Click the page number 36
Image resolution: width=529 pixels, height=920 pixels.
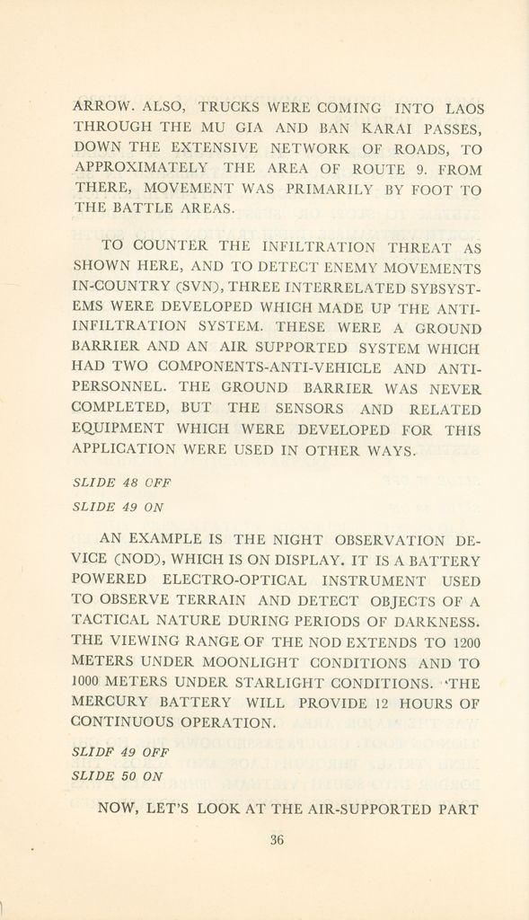point(277,841)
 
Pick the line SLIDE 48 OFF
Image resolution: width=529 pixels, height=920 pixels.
point(121,482)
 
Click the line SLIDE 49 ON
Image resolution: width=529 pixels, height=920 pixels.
point(118,506)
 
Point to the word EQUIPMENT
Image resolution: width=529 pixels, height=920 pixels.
point(118,429)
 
